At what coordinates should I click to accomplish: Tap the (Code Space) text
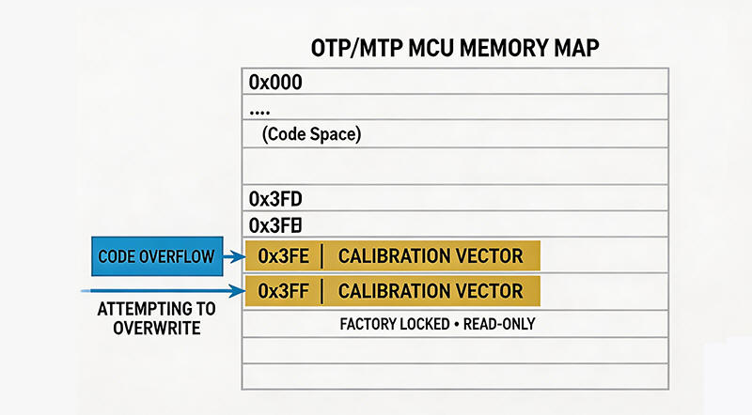311,134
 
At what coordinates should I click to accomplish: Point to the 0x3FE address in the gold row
279,255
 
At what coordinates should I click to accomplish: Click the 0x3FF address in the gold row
279,290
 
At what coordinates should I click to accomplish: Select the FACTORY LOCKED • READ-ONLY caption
437,325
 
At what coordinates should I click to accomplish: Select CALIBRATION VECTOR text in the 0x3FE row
431,255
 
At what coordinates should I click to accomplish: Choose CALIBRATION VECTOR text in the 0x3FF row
431,290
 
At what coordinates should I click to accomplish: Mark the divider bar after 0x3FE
321,255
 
